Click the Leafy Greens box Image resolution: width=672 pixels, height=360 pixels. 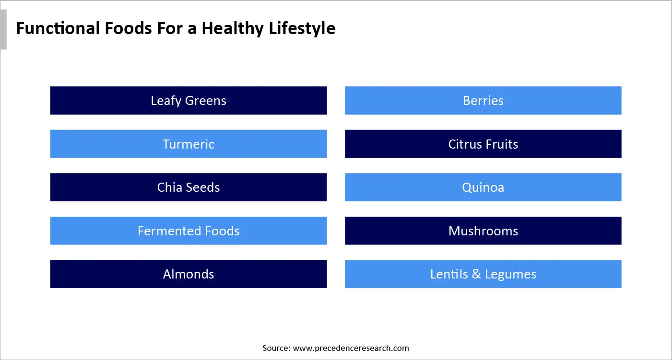[x=189, y=101]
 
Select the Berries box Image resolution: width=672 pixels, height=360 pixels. [x=483, y=101]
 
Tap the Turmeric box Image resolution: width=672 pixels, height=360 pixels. [x=189, y=144]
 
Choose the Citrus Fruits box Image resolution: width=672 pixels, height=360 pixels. [x=483, y=144]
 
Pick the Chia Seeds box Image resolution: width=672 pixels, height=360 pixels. [x=189, y=187]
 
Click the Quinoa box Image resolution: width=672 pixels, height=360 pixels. [x=483, y=187]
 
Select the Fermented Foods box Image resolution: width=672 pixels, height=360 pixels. [x=189, y=231]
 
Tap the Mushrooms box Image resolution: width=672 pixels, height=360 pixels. [x=483, y=231]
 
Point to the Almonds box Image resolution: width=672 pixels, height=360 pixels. [x=189, y=274]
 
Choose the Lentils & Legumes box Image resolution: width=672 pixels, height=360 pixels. [x=483, y=274]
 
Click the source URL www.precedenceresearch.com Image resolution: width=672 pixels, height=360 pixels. [x=351, y=348]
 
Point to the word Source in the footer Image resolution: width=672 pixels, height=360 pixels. [x=276, y=348]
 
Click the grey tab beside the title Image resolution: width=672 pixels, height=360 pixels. [x=3, y=30]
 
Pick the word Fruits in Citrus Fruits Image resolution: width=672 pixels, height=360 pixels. [x=501, y=144]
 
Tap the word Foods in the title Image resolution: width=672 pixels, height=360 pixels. [x=126, y=28]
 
